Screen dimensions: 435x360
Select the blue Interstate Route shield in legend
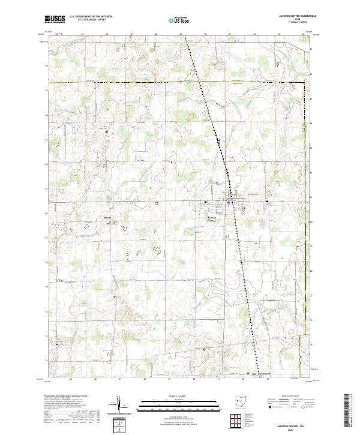click(x=267, y=407)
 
